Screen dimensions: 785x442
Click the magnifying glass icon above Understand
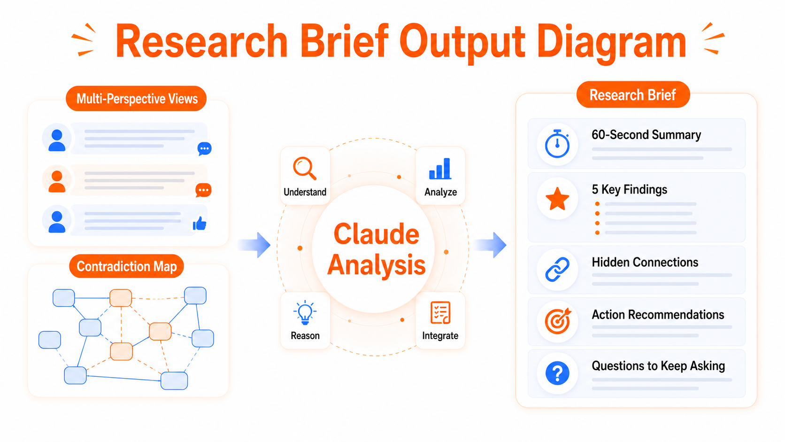tap(305, 168)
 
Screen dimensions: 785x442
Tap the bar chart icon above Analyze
tap(440, 169)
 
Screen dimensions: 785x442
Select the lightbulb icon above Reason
tap(305, 312)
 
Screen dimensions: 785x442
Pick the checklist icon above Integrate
tap(440, 312)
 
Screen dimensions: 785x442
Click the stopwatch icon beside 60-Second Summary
tap(557, 144)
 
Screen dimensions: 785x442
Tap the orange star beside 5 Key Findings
tap(557, 198)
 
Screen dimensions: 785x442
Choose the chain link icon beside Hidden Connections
tap(557, 269)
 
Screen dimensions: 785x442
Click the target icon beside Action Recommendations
tap(558, 321)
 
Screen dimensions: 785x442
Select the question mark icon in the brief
tap(557, 373)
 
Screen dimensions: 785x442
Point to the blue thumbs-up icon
tap(200, 223)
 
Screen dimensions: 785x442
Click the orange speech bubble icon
tap(203, 190)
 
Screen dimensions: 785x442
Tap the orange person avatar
tap(57, 181)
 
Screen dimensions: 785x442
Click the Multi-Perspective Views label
tap(137, 99)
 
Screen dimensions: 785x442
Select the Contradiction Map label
tap(126, 266)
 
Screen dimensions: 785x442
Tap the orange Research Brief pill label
tap(633, 94)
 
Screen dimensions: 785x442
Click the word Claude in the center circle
tap(377, 234)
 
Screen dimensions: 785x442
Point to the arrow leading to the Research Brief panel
tap(490, 245)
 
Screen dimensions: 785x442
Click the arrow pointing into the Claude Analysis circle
tap(254, 245)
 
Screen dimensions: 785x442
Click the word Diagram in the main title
tap(611, 42)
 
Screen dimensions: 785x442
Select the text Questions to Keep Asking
tap(658, 366)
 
